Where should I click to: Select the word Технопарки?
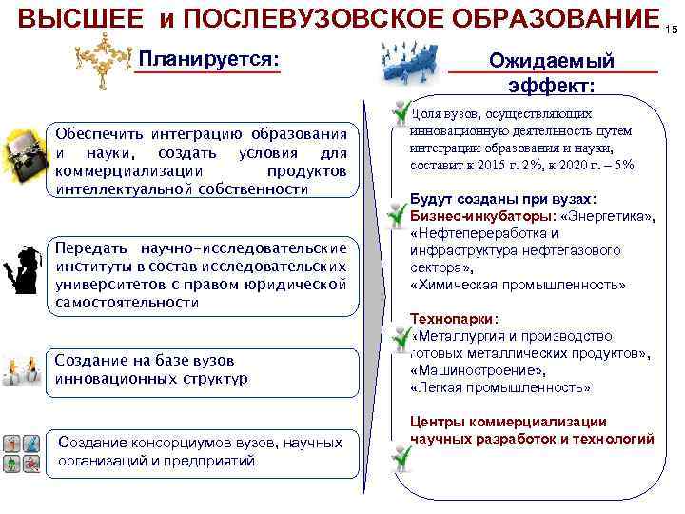(x=457, y=319)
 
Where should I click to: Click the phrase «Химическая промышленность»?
(x=518, y=285)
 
